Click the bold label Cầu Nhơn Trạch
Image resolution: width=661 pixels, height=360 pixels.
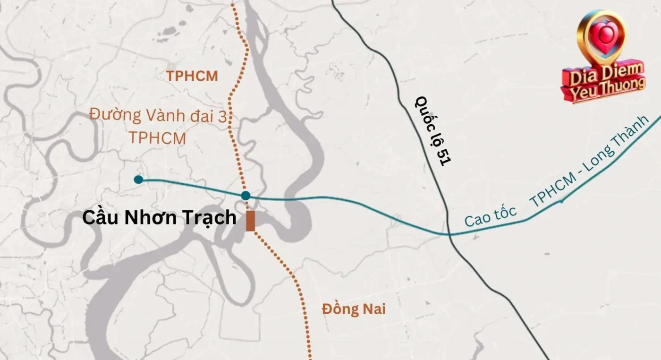click(x=159, y=218)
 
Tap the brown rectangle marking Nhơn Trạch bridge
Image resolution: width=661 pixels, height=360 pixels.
click(x=250, y=221)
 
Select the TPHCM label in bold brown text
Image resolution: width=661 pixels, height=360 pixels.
click(x=192, y=77)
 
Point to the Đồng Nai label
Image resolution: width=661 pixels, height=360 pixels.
click(x=354, y=309)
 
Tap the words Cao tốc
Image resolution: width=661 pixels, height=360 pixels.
click(x=490, y=216)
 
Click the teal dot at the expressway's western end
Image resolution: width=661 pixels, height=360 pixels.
click(x=138, y=180)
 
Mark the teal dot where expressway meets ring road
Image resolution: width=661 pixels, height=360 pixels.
click(x=246, y=196)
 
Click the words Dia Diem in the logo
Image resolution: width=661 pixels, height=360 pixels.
click(x=602, y=73)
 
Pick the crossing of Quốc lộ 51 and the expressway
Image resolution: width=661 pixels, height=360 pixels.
click(x=449, y=234)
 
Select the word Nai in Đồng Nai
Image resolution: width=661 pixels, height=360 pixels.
click(x=373, y=309)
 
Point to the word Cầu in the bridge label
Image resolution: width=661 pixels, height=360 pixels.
click(x=98, y=218)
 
